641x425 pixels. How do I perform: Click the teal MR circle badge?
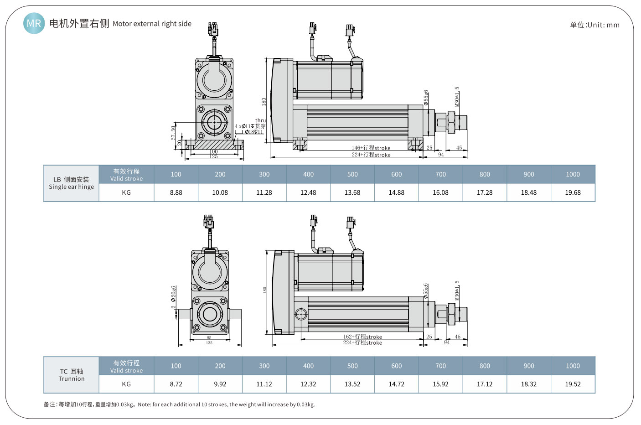pos(34,23)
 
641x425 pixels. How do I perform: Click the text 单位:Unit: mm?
pos(594,25)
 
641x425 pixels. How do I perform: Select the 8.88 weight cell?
pos(176,192)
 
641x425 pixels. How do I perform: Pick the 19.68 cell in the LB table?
pos(573,192)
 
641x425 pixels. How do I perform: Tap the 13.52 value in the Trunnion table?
pos(352,384)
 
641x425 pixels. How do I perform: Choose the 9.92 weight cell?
pos(220,384)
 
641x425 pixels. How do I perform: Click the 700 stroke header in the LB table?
pos(440,174)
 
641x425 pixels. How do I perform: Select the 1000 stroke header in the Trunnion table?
pos(573,366)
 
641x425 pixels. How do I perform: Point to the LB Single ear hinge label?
pos(72,183)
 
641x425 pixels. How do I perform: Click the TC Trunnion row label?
pos(72,375)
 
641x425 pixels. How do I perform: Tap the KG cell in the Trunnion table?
pos(126,384)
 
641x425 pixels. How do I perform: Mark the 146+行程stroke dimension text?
pos(371,148)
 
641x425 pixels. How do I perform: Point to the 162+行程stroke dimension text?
pos(363,337)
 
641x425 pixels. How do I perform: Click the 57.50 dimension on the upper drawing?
pos(173,133)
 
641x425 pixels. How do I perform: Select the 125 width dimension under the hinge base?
pos(214,156)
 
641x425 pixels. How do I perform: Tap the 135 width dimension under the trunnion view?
pos(209,343)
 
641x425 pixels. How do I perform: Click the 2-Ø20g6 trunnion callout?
pos(174,297)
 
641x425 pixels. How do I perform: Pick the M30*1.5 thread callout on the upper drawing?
pos(457,97)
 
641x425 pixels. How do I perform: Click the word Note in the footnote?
pos(144,404)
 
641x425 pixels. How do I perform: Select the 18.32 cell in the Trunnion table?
pos(529,384)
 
